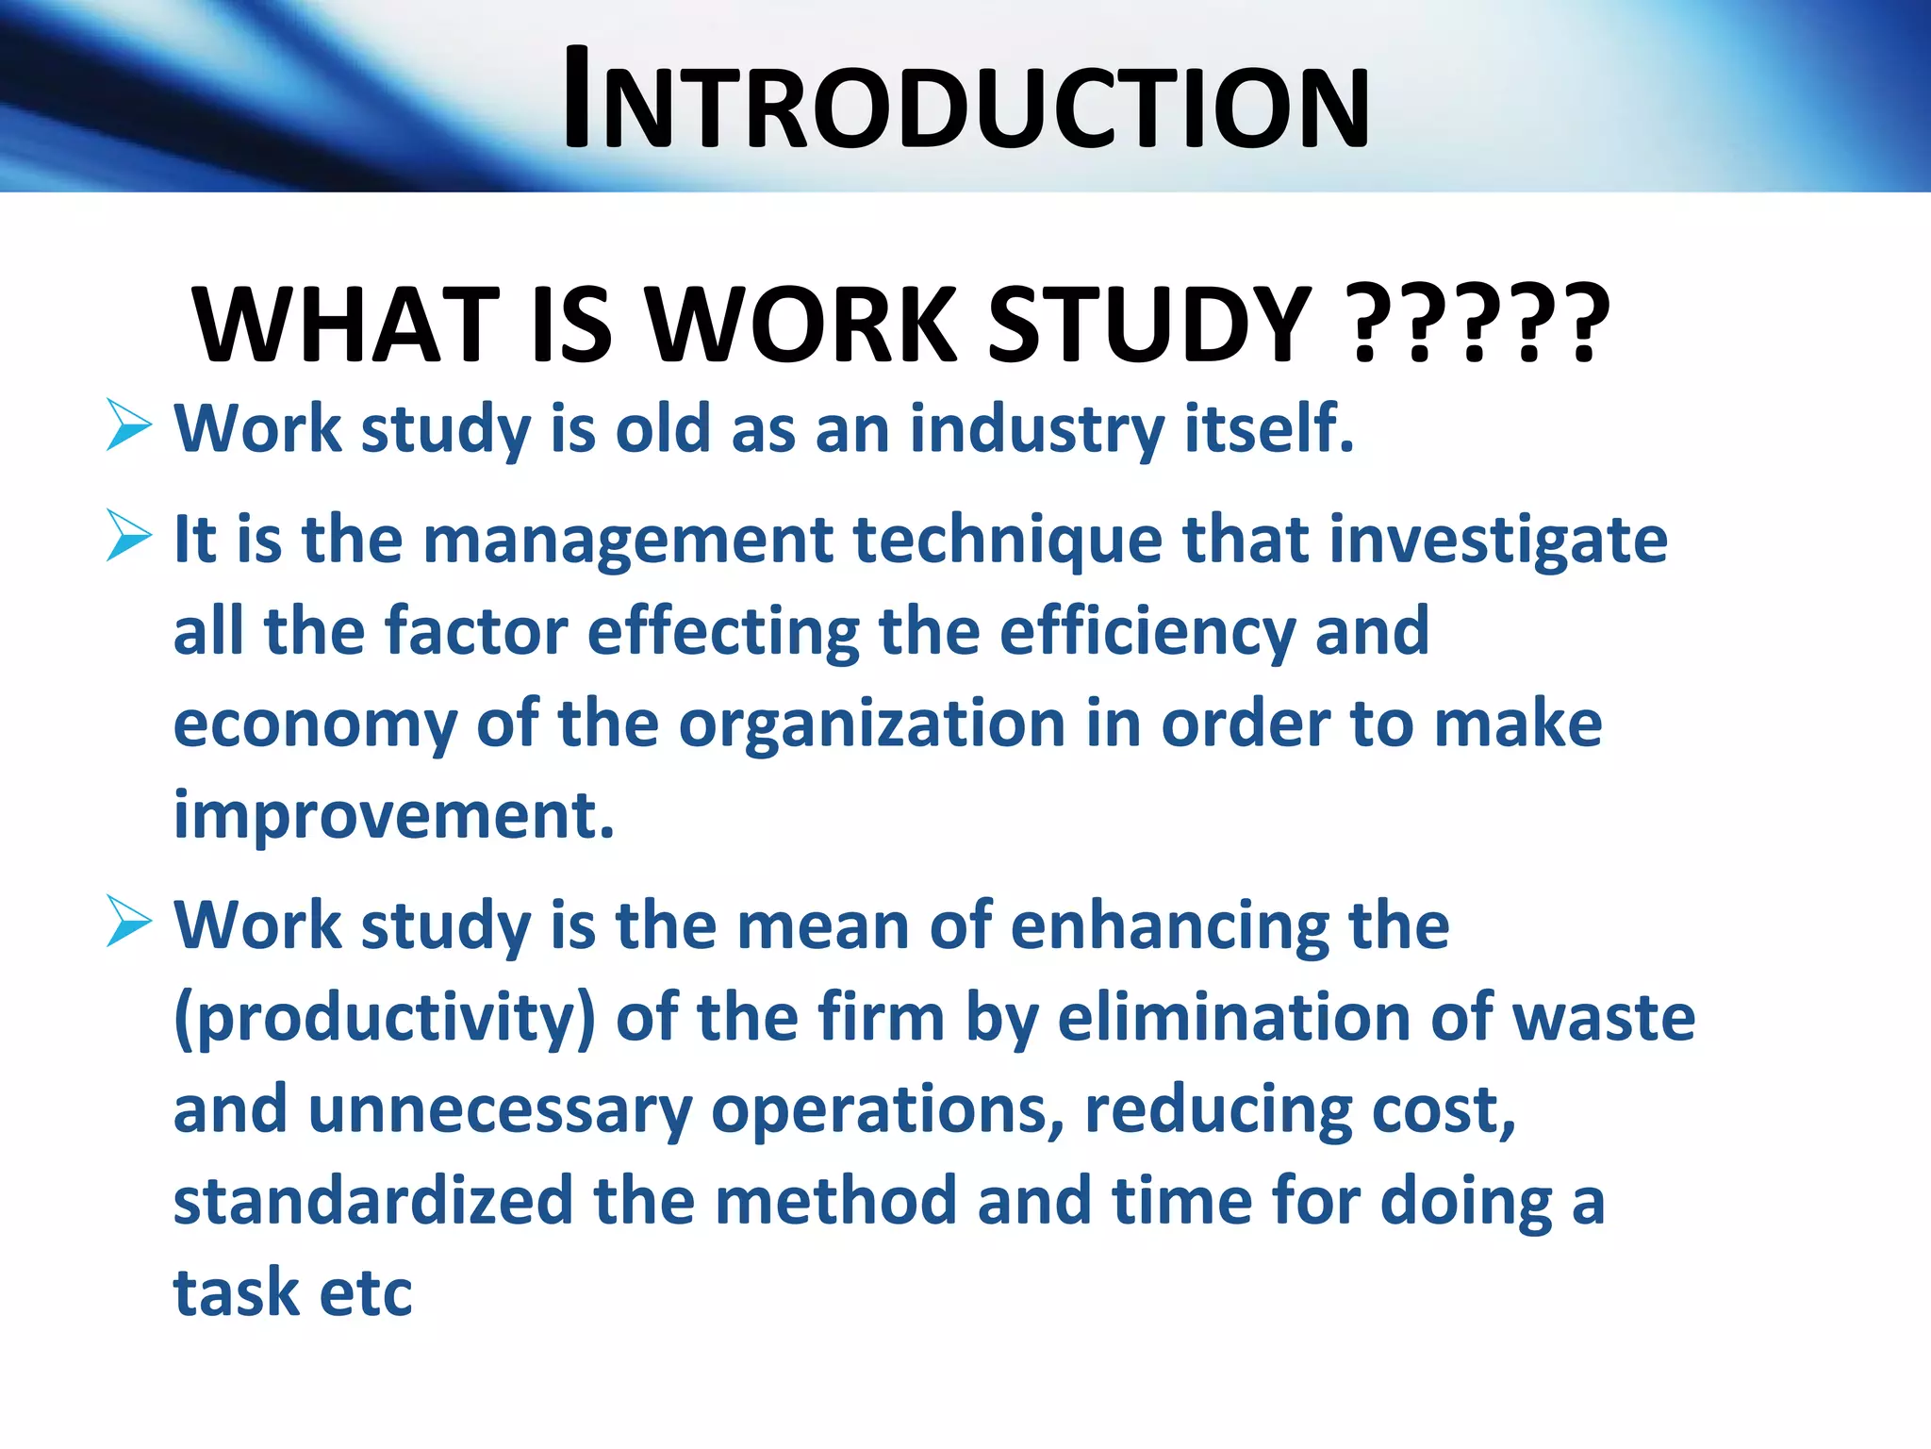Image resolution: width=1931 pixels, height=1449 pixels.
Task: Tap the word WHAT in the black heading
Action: pos(345,325)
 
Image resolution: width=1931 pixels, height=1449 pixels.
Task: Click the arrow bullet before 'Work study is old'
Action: pos(129,425)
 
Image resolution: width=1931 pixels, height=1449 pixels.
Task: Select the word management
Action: pos(628,541)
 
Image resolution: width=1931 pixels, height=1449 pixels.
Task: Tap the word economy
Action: pos(315,726)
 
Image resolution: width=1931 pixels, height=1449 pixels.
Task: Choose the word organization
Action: pos(872,726)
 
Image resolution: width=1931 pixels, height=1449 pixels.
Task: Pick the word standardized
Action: pos(373,1202)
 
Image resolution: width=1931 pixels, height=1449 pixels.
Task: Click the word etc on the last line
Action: pos(366,1294)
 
